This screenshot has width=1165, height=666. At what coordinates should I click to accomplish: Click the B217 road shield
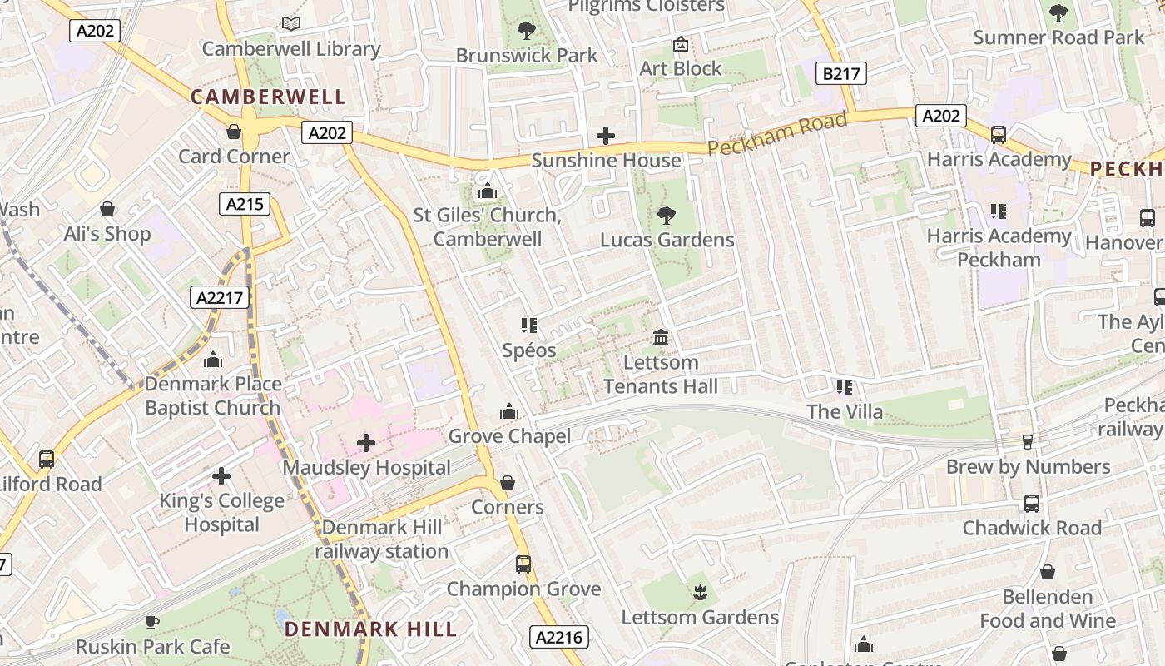tap(841, 74)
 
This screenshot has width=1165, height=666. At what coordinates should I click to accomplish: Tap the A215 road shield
tap(245, 204)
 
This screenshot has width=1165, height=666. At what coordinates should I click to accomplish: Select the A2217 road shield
tap(220, 297)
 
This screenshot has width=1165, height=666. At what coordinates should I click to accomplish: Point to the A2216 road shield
tap(559, 638)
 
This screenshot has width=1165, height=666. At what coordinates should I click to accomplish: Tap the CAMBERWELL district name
tap(268, 97)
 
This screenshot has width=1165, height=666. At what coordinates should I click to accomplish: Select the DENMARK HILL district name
tap(371, 629)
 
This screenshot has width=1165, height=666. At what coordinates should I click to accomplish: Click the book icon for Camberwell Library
tap(290, 24)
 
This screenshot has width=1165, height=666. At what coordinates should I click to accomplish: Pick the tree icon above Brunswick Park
tap(526, 32)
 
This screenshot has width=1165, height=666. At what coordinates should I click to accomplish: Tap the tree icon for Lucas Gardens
tap(666, 216)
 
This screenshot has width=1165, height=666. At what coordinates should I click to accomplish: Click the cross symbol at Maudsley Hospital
tap(366, 443)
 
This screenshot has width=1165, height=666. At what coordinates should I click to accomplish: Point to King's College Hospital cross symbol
tap(221, 476)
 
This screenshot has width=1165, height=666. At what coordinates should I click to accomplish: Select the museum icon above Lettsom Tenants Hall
tap(661, 338)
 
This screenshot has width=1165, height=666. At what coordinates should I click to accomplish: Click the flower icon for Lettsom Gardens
tap(699, 593)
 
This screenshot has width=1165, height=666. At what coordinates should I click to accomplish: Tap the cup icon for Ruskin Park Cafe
tap(152, 622)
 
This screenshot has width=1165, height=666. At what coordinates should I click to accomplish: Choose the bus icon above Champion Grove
tap(523, 564)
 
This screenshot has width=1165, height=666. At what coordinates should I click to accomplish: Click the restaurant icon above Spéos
tap(529, 326)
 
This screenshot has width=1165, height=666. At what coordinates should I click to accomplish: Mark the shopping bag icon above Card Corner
tap(234, 132)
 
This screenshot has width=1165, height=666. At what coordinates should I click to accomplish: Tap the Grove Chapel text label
tap(509, 436)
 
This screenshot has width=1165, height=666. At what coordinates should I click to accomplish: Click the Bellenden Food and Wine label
tap(1048, 609)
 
